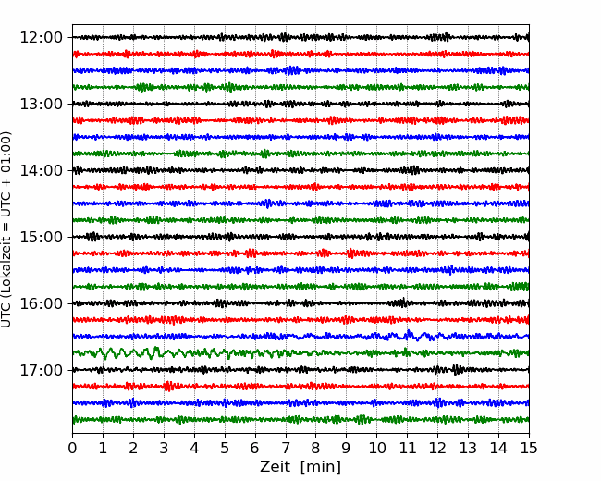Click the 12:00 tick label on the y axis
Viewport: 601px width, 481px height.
tap(41, 38)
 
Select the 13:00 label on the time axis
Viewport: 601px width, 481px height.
tap(41, 104)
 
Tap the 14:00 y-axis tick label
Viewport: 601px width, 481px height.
tap(41, 170)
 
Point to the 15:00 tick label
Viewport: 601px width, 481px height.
tap(41, 237)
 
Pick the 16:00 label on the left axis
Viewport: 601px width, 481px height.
tap(41, 303)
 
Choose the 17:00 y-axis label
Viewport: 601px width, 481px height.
tap(41, 370)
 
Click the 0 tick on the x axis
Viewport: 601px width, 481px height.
tap(72, 448)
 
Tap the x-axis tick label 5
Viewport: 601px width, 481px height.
tap(225, 448)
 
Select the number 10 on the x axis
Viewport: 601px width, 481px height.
tap(376, 448)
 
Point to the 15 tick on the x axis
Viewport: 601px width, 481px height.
tap(529, 448)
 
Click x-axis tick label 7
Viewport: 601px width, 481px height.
tap(286, 448)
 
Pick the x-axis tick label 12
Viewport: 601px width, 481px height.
tap(437, 448)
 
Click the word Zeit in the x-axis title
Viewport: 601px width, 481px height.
tap(274, 466)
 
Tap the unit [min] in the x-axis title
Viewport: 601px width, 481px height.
tap(321, 467)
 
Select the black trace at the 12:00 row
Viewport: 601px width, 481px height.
tap(300, 37)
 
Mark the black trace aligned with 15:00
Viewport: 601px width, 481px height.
tap(300, 237)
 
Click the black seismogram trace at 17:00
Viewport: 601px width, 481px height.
tap(300, 370)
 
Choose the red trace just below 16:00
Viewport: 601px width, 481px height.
tap(300, 319)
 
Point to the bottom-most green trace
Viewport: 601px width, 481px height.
tap(300, 419)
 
